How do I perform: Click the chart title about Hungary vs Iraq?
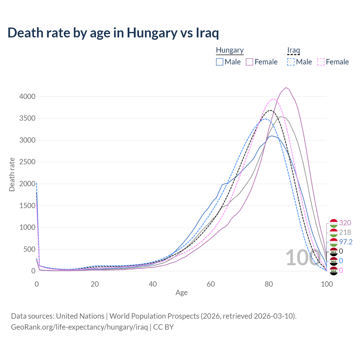coord(113,33)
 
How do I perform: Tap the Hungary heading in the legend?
coord(230,50)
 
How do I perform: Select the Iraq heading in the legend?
coord(293,50)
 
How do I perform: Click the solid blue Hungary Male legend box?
coord(220,62)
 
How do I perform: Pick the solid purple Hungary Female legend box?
coord(249,62)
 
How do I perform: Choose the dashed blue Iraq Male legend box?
coord(291,62)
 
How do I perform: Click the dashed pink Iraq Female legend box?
coord(321,62)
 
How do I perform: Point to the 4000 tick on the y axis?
coord(27,96)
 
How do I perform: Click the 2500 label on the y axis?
coord(27,162)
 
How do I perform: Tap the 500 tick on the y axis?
coord(29,249)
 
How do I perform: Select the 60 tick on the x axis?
coord(211,284)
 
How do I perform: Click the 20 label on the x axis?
coord(94,284)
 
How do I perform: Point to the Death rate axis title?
coord(12,174)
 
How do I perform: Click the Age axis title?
coord(181,293)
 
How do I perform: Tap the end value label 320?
coord(345,223)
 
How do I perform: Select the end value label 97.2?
coord(346,242)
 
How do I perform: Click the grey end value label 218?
coord(345,232)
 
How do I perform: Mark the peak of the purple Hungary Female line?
coord(286,87)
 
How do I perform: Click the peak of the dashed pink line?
coord(273,99)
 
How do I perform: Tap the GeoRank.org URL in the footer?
coord(79,327)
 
